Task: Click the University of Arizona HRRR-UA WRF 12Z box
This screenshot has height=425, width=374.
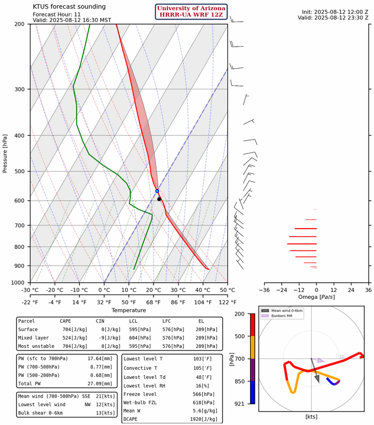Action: coord(192,12)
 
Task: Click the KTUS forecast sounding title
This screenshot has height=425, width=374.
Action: coord(62,6)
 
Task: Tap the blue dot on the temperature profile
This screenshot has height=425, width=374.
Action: coord(157,191)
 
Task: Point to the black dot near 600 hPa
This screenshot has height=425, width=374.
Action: coord(159,199)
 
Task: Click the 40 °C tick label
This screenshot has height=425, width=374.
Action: coord(203,290)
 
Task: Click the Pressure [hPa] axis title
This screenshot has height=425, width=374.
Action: coord(5,153)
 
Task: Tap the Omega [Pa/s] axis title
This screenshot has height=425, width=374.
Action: coord(316,297)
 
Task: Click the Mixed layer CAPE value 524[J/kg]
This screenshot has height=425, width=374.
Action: coord(69,339)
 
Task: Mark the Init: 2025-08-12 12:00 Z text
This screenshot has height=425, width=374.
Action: coord(333,11)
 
